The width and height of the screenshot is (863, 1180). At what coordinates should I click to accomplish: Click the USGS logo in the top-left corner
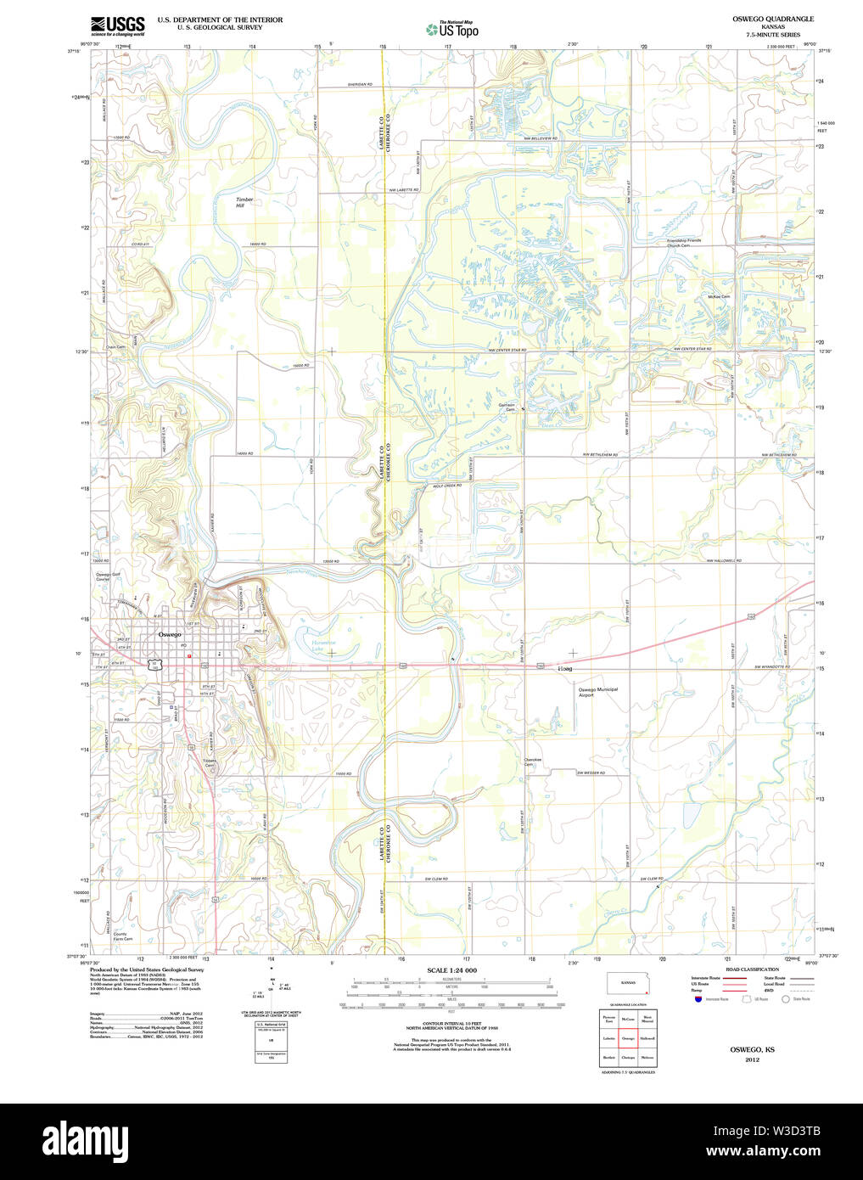coord(118,25)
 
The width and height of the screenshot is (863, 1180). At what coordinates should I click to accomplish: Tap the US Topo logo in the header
coord(453,30)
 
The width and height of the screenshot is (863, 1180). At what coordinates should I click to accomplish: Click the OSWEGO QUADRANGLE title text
coord(772,19)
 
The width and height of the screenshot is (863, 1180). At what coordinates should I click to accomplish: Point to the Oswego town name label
coord(170,634)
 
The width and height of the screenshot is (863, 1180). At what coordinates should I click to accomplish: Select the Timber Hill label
coord(244,202)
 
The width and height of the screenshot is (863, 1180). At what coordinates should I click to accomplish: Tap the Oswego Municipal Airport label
coord(598,692)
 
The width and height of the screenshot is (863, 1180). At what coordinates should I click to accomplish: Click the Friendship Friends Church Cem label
coord(684,243)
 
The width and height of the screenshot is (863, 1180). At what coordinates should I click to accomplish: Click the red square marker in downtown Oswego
coord(189,655)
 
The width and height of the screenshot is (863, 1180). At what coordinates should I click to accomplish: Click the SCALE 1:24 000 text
coord(451,970)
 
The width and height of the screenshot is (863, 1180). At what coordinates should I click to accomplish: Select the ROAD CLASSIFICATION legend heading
coord(752,969)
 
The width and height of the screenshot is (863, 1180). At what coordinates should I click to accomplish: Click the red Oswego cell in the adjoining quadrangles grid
coord(628,1037)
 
